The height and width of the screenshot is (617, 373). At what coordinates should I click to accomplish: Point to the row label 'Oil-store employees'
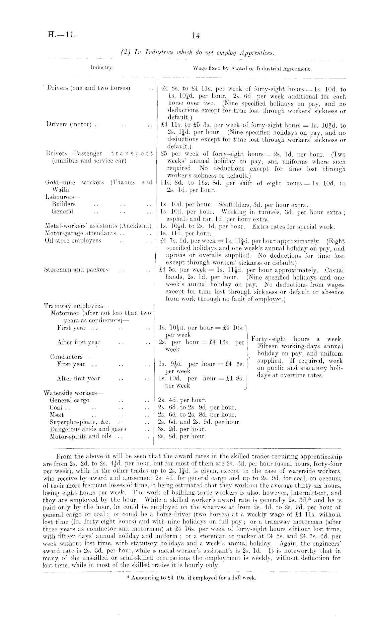pos(73,241)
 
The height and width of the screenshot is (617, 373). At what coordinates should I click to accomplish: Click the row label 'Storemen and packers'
pos(76,269)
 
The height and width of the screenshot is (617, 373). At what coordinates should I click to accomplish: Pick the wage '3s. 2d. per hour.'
pos(182,429)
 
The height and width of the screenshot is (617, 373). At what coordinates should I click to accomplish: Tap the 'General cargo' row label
pos(70,400)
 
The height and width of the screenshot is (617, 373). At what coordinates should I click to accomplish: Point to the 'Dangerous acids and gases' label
pos(88,429)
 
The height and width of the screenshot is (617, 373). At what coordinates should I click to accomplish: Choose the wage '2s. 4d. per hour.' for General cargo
pos(182,400)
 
